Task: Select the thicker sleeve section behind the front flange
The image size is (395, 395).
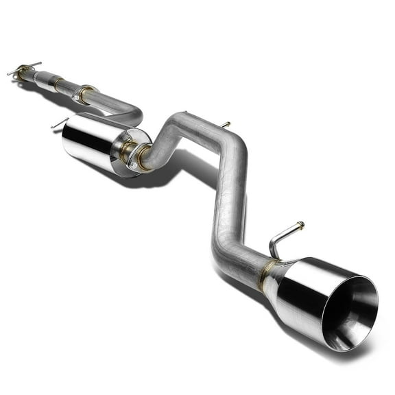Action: tap(43, 76)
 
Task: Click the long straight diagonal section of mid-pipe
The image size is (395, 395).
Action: tap(230, 199)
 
